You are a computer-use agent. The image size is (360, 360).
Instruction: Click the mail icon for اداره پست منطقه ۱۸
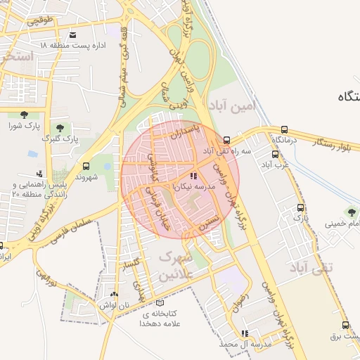(x=73, y=34)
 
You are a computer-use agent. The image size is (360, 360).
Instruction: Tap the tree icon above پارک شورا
(x=25, y=115)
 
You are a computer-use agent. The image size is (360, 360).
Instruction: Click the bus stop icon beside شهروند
(x=86, y=167)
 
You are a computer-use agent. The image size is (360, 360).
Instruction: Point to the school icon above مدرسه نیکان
(x=193, y=177)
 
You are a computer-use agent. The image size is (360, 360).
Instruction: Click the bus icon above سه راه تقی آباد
(x=226, y=139)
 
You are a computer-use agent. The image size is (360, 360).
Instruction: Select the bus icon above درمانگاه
(x=284, y=129)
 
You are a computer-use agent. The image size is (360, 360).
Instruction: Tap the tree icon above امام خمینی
(x=351, y=212)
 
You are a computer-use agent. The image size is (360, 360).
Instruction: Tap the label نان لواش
(x=115, y=306)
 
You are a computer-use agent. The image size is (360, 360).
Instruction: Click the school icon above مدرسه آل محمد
(x=244, y=333)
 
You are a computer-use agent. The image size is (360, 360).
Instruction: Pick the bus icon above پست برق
(x=345, y=325)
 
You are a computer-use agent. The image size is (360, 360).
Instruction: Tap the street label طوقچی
(x=41, y=21)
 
